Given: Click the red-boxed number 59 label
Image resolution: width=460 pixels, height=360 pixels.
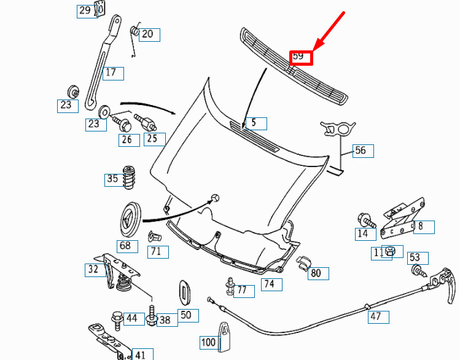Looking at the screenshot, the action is (x=301, y=58).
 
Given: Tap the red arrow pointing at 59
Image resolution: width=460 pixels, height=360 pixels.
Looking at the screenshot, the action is (x=328, y=32).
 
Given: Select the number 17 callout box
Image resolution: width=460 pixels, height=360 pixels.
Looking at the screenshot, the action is (x=113, y=73).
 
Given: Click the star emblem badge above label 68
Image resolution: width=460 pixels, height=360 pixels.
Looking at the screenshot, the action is (x=130, y=219).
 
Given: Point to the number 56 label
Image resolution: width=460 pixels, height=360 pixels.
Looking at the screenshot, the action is (x=363, y=151).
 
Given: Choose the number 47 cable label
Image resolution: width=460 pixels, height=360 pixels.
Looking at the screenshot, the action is (x=378, y=317).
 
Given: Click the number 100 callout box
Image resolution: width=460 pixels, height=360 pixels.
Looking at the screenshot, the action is (x=209, y=342).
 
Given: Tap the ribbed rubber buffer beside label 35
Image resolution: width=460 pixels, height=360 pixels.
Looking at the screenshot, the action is (x=129, y=177).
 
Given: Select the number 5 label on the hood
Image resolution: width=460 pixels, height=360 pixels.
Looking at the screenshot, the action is (x=256, y=123).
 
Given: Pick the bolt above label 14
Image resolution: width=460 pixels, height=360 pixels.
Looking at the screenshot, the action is (x=367, y=221).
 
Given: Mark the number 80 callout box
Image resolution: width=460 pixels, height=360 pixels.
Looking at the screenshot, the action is (x=318, y=273).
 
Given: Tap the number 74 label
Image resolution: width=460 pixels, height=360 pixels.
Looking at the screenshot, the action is (x=271, y=284).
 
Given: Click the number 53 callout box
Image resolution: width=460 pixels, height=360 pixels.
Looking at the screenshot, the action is (x=418, y=258).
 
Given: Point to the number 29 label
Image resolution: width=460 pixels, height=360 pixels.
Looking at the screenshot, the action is (x=87, y=12).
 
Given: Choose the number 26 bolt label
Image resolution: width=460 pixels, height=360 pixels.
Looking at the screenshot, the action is (x=129, y=140).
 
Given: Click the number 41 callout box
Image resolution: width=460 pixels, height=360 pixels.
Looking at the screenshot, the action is (x=142, y=354).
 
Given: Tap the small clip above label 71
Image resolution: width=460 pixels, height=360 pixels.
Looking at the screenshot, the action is (x=154, y=236).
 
